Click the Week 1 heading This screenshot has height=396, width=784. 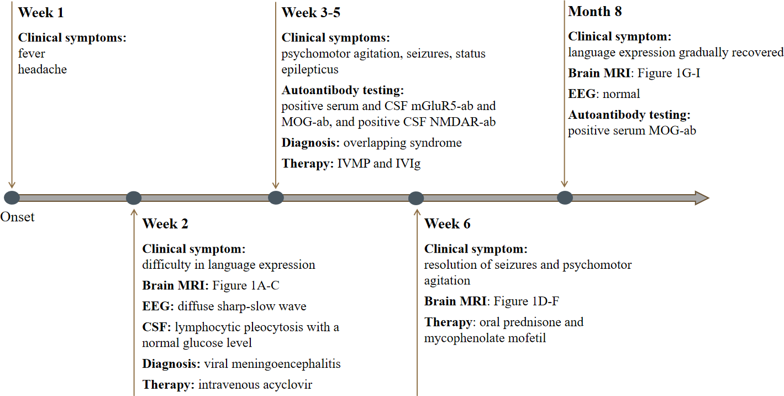tap(41, 12)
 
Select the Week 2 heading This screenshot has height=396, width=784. tap(165, 224)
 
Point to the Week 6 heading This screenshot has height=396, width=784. tap(448, 224)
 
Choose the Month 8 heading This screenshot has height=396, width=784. tap(595, 12)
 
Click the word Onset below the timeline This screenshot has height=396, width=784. tap(17, 217)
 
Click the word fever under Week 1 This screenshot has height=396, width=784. tap(31, 54)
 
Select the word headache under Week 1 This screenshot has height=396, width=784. tap(43, 70)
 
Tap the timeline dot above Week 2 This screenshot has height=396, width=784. tap(134, 197)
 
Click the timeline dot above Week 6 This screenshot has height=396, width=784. tap(416, 197)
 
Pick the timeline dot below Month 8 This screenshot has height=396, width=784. tap(565, 197)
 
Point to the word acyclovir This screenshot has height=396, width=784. tap(288, 384)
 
